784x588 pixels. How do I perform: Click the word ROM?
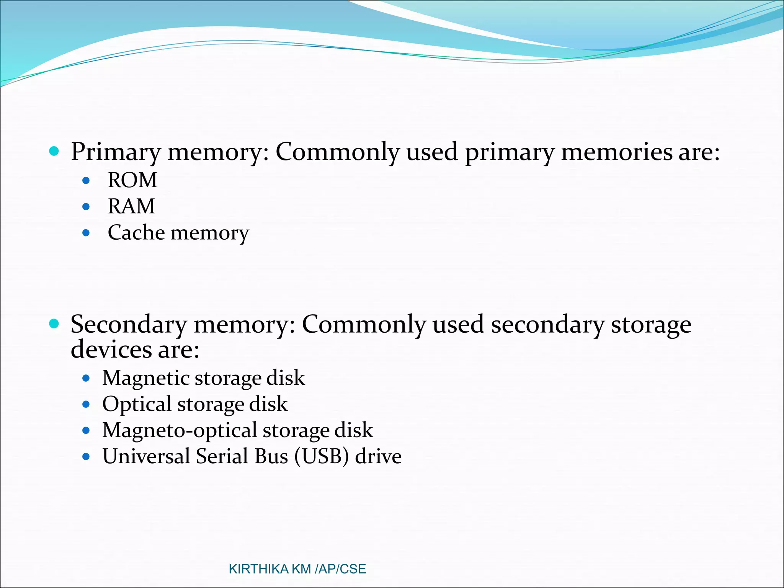132,180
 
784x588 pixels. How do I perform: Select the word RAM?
131,206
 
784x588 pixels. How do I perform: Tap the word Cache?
136,232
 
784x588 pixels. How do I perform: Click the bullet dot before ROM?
86,180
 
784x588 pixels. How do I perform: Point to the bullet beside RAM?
86,207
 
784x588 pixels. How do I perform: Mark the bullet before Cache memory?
86,233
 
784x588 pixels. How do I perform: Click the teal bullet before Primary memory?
54,151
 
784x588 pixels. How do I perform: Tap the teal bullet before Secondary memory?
54,324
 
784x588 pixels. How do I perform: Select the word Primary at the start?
116,152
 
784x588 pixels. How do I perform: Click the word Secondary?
128,325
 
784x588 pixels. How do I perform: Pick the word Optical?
137,404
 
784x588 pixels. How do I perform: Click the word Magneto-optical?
180,430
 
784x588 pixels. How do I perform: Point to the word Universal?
146,456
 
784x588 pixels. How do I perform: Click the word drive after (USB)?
378,456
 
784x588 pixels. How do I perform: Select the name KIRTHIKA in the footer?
258,569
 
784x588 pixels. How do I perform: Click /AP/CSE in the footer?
340,569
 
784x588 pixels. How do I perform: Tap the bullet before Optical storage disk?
86,404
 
